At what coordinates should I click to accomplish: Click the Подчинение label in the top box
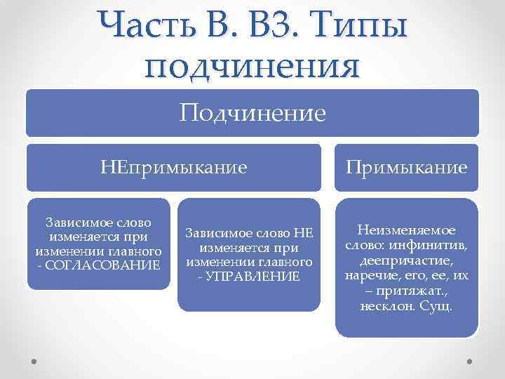coord(252,112)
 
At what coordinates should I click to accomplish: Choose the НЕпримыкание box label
coord(173,168)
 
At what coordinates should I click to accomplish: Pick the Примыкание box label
coord(407,168)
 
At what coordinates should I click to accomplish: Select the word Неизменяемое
coord(407,230)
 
